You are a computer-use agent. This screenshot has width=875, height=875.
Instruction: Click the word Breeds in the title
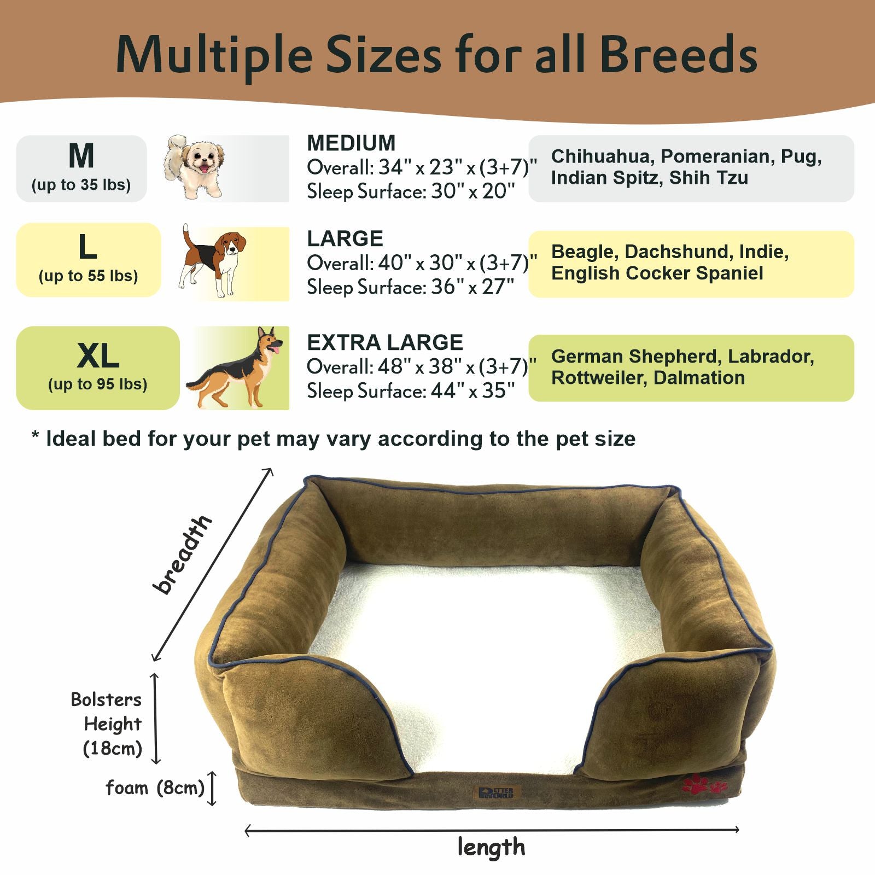click(678, 55)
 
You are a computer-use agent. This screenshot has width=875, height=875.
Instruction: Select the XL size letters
click(98, 356)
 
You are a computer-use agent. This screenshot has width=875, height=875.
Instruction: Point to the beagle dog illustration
click(212, 261)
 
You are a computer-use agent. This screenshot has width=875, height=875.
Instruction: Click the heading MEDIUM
click(351, 143)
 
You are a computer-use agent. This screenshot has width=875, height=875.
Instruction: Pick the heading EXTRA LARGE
click(385, 343)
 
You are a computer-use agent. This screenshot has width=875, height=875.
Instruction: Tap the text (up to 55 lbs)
click(88, 276)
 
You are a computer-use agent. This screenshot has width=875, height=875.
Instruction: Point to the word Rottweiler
click(597, 378)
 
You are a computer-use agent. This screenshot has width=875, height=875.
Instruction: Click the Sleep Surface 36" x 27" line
click(411, 287)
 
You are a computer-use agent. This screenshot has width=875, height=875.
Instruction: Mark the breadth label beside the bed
click(183, 554)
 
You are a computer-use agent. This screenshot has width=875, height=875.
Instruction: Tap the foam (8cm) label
click(155, 788)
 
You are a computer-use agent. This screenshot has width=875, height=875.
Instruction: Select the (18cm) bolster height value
click(113, 748)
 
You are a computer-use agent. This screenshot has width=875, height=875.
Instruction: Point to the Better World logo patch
click(496, 792)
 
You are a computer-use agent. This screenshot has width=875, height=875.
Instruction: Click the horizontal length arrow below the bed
click(492, 830)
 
